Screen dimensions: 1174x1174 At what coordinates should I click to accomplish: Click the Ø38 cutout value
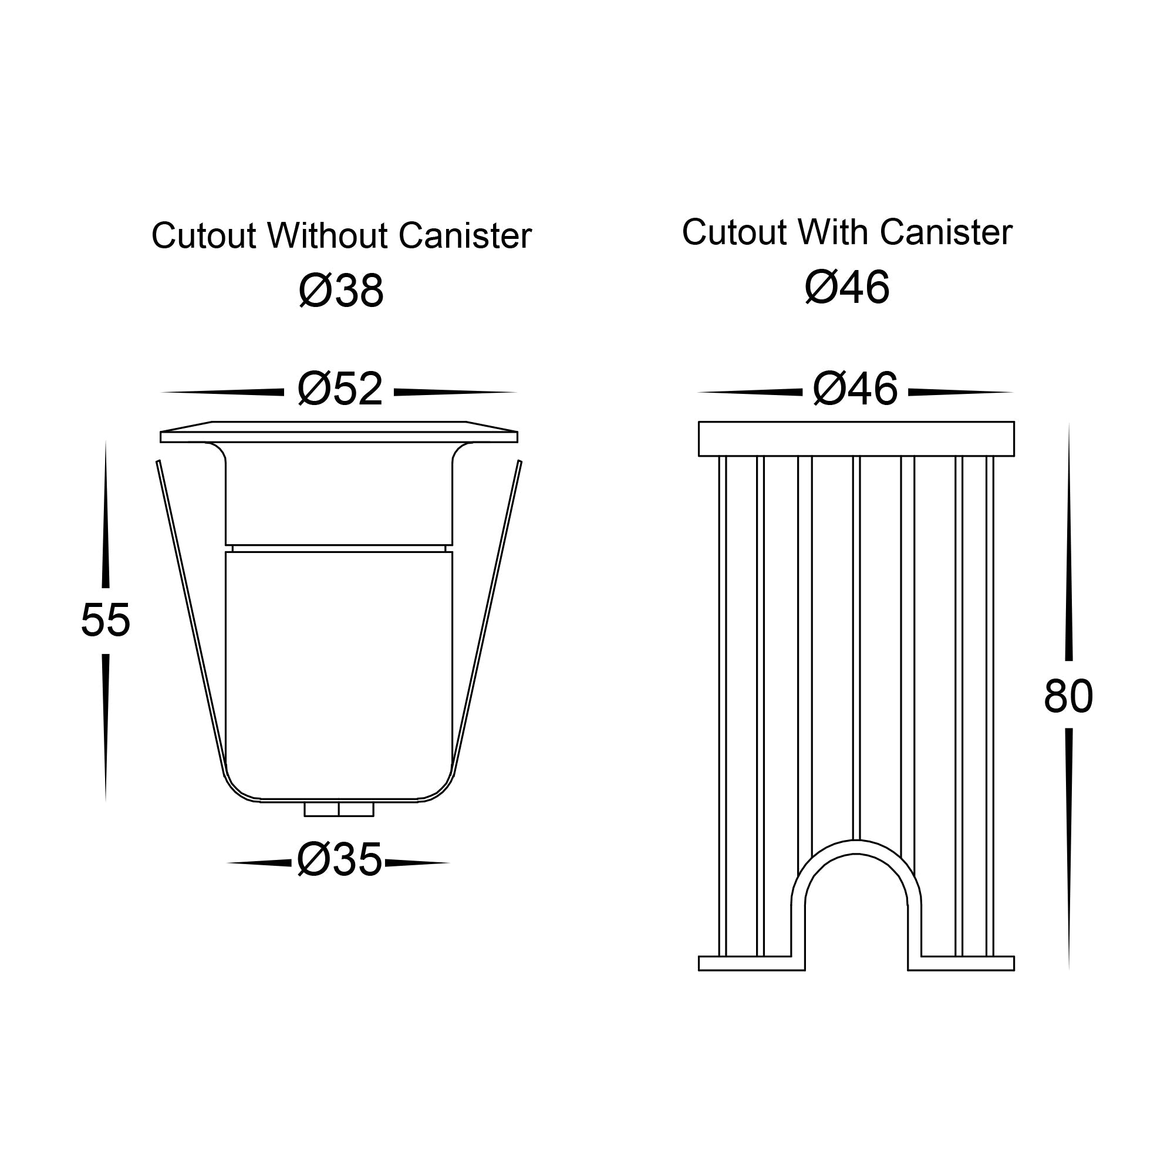[x=341, y=291]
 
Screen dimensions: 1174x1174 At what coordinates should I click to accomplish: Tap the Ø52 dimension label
[x=340, y=389]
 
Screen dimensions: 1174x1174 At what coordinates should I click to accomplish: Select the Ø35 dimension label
[x=339, y=860]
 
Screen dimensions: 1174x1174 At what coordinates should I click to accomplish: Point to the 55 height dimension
[x=105, y=620]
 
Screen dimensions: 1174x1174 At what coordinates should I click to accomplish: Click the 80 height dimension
[x=1068, y=696]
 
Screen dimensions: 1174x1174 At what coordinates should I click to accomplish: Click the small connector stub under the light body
[x=339, y=809]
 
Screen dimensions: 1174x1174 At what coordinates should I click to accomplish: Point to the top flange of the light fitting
[x=339, y=431]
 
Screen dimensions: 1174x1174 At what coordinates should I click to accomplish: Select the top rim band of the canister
[x=856, y=438]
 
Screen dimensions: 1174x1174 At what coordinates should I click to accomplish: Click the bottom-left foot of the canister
[x=752, y=963]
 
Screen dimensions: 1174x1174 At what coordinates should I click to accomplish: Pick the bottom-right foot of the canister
[x=961, y=963]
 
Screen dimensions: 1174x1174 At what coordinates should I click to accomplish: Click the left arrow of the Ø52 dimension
[x=222, y=393]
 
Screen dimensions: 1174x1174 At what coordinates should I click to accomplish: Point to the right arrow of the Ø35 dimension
[x=417, y=863]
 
